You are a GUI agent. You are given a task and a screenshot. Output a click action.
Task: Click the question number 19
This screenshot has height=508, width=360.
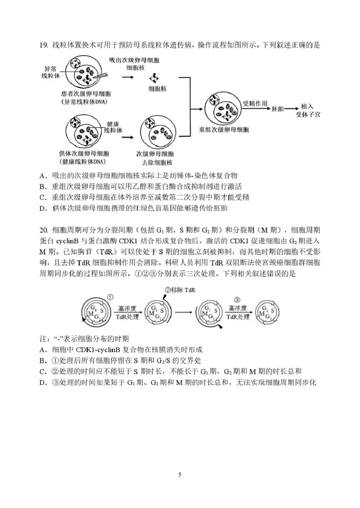coord(43,45)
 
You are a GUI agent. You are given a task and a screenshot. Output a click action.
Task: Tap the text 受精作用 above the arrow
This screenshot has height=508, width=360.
coord(254,102)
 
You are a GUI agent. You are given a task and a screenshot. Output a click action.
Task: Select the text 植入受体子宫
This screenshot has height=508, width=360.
coord(308,110)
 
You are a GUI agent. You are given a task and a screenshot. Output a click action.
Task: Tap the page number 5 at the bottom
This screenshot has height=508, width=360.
coord(180,474)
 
